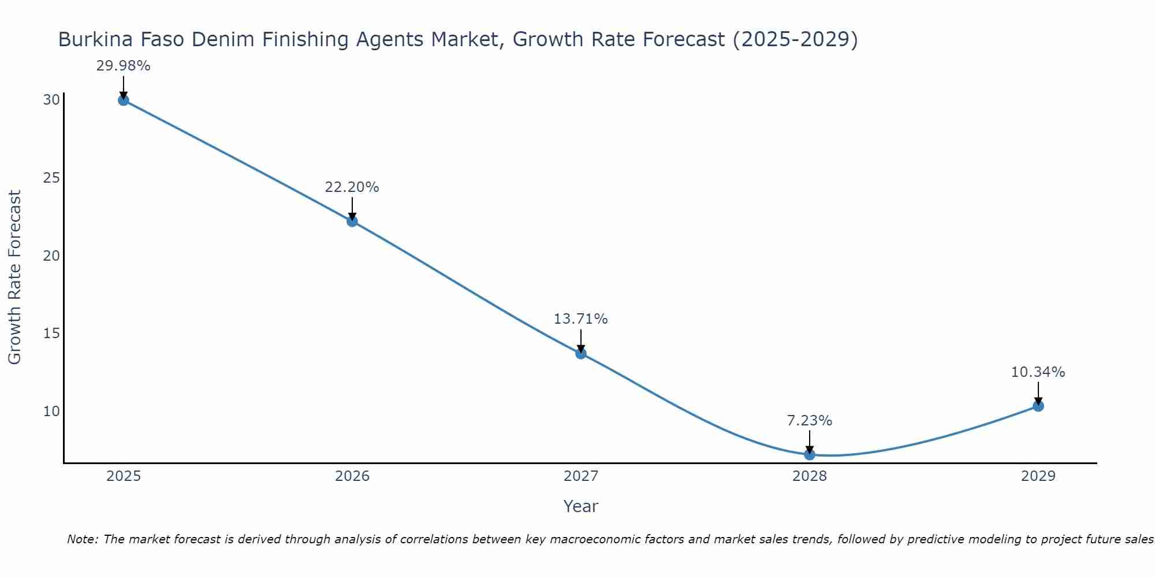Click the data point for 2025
click(x=123, y=100)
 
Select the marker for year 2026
click(x=352, y=221)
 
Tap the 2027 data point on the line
click(x=581, y=353)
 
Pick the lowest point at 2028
click(x=810, y=454)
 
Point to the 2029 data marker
click(x=1038, y=406)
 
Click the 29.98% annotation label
click(x=123, y=66)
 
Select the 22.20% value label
click(x=352, y=187)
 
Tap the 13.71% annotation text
click(x=580, y=319)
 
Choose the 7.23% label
click(x=809, y=421)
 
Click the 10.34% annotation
click(x=1038, y=372)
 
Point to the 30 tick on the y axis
click(x=51, y=100)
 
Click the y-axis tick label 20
click(x=51, y=255)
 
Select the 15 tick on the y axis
click(x=51, y=334)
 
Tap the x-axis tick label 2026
click(x=352, y=476)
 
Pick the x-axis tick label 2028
click(x=810, y=476)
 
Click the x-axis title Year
click(x=580, y=506)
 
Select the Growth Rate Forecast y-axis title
click(x=14, y=277)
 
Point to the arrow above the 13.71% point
click(x=581, y=340)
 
